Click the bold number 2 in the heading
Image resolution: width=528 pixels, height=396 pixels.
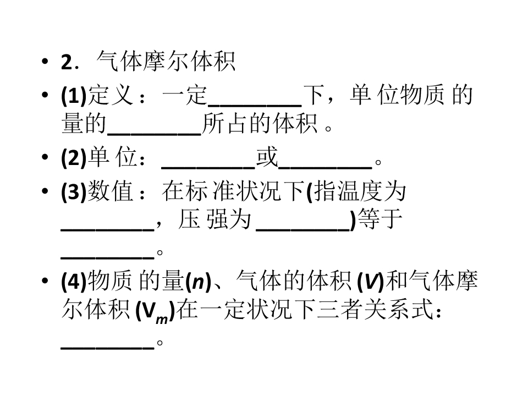coord(67,62)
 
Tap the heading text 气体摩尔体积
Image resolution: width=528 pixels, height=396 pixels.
coord(166,61)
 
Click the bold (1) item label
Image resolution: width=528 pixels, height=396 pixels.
coord(74,96)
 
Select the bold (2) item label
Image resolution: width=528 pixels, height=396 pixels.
coord(74,157)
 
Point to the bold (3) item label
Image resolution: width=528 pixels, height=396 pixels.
coord(74,191)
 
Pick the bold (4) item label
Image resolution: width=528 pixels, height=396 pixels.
coord(74,282)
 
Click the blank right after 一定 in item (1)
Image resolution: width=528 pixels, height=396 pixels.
coord(255,105)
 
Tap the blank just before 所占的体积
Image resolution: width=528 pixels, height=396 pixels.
coord(154,134)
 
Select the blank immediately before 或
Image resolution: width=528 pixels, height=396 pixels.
coord(208,167)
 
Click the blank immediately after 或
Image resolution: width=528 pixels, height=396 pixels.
coord(325,167)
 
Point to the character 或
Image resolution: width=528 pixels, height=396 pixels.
coord(267,157)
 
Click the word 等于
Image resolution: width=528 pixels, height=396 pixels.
coord(380,219)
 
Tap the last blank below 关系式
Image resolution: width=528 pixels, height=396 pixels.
coord(107,348)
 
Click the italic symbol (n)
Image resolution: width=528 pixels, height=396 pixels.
coord(198,282)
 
